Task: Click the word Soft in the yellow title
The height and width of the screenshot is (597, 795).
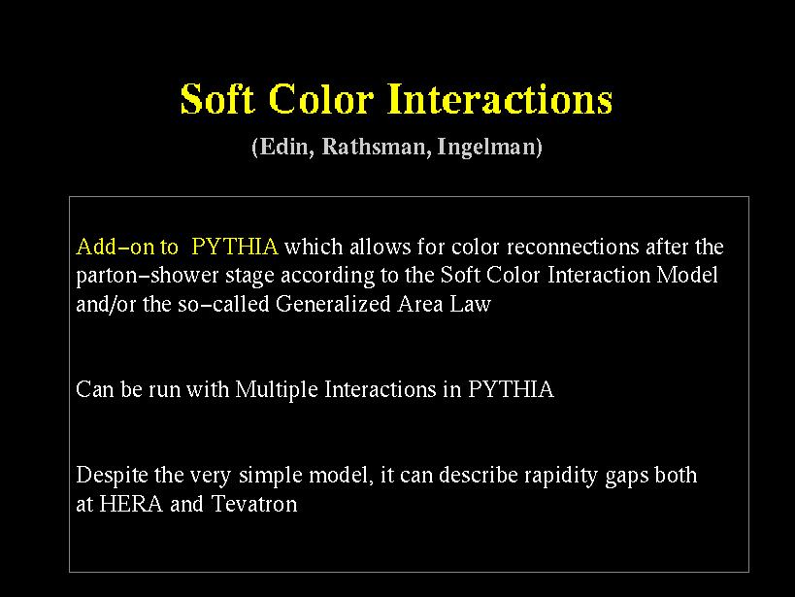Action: (217, 99)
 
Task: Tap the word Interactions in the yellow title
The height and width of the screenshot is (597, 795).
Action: (500, 99)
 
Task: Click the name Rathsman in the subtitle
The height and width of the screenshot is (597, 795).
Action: (377, 147)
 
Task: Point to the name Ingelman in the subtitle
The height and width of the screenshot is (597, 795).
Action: (490, 148)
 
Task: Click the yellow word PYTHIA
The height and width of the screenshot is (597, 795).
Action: (235, 247)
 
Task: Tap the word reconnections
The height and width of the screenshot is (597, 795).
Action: (573, 247)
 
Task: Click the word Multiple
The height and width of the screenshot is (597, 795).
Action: (277, 390)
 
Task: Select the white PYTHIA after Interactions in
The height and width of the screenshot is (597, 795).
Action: (511, 389)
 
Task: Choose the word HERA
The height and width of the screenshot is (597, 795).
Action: (131, 504)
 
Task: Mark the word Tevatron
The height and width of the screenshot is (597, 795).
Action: (254, 504)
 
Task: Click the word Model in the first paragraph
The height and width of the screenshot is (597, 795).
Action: (687, 276)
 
